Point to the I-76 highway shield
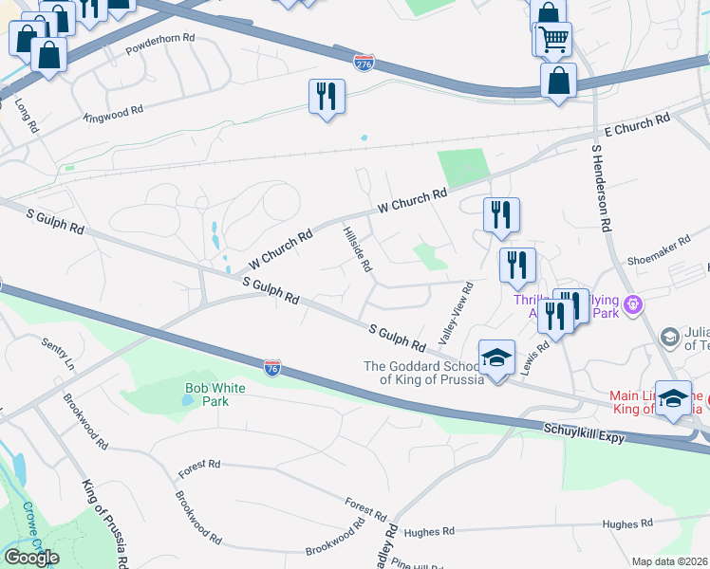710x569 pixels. (272, 368)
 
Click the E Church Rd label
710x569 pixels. (637, 125)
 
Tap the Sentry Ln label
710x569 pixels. (57, 351)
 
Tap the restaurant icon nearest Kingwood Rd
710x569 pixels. (327, 96)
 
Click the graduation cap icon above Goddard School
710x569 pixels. (496, 358)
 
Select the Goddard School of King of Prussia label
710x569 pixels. (426, 374)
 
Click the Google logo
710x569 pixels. (31, 558)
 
